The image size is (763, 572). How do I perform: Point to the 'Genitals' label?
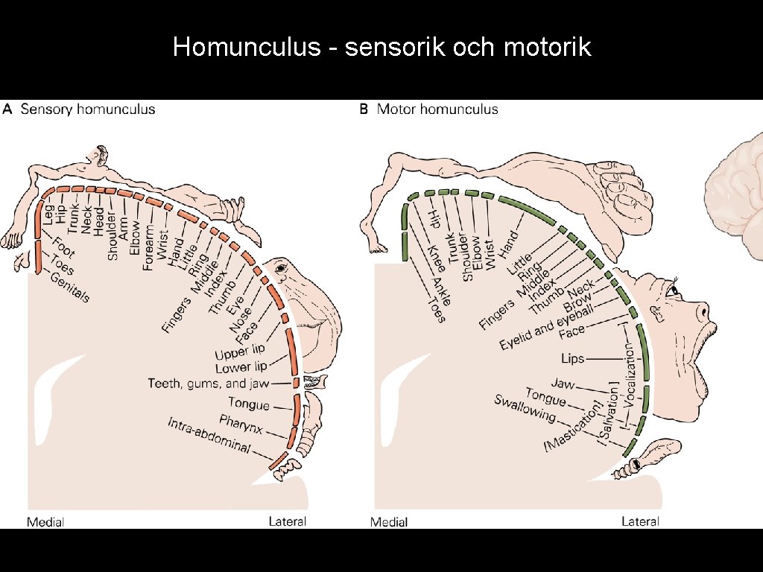pyautogui.click(x=70, y=287)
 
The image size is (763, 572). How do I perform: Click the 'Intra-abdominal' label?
pyautogui.click(x=209, y=437)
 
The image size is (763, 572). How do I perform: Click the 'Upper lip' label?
pyautogui.click(x=240, y=350)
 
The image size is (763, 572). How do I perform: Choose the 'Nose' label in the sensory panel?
pyautogui.click(x=241, y=318)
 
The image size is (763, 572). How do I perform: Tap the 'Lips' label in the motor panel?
pyautogui.click(x=572, y=359)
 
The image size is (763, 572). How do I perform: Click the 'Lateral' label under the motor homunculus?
pyautogui.click(x=640, y=521)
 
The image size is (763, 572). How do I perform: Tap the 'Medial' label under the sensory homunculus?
pyautogui.click(x=45, y=521)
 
